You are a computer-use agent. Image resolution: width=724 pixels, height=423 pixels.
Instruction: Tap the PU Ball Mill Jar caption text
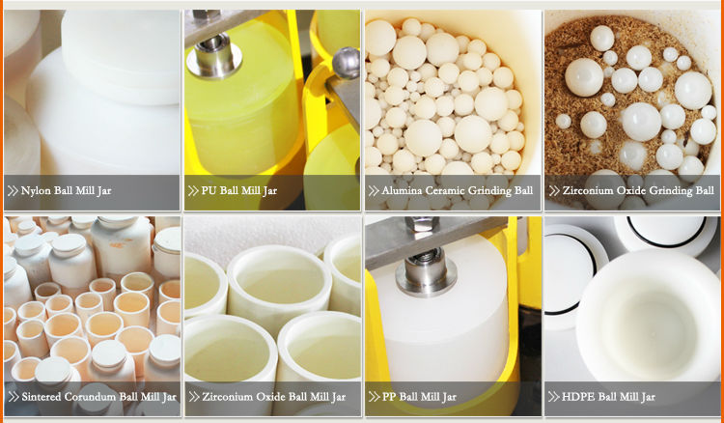click(239, 190)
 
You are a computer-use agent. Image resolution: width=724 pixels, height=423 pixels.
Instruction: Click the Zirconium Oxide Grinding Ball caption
click(638, 190)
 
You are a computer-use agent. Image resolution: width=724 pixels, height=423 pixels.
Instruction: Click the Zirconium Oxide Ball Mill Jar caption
click(273, 397)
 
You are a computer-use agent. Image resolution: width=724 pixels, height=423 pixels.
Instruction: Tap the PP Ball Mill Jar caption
click(419, 397)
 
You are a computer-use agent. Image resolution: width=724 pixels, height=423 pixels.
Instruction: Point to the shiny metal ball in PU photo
click(347, 63)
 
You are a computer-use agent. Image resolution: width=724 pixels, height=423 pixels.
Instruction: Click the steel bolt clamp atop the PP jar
click(426, 268)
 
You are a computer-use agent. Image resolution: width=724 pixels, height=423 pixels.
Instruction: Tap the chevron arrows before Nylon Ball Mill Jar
click(13, 190)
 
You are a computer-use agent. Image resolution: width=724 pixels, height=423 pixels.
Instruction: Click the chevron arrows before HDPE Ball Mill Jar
click(553, 397)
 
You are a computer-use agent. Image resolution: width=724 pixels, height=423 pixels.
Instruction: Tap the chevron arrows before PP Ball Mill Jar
click(374, 397)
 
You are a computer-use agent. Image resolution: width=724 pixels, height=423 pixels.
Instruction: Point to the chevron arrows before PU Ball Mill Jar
click(193, 190)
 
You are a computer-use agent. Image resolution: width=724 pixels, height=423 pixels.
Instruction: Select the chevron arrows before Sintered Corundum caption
click(14, 397)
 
